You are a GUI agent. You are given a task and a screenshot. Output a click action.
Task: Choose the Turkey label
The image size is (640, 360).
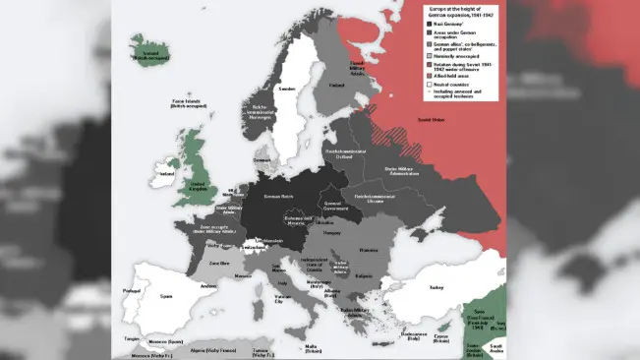[x=436, y=287]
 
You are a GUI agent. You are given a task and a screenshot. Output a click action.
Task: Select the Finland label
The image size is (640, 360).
[x=336, y=86]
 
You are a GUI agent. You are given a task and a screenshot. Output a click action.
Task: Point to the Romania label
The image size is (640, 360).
[x=368, y=251]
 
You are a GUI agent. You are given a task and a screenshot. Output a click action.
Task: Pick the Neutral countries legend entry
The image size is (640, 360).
[x=455, y=84]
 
